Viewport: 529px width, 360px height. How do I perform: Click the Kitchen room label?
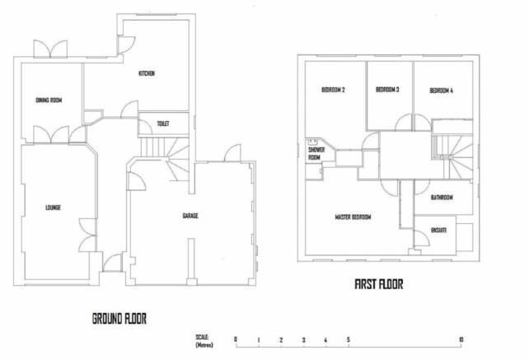147,73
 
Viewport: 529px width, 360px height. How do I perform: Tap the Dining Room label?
49,101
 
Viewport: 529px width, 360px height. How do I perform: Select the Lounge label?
53,208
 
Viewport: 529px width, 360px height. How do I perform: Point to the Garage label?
190,216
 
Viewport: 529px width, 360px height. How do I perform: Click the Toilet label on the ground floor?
163,124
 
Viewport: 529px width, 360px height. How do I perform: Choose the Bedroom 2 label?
333,90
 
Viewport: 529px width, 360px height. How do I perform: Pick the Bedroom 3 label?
387,90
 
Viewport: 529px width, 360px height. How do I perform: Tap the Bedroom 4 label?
442,91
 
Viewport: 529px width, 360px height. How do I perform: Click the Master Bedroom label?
353,217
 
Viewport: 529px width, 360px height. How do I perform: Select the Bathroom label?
442,198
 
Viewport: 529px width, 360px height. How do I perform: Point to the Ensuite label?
439,231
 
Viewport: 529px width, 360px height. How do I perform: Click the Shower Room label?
316,153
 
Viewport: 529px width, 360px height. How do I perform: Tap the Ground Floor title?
119,319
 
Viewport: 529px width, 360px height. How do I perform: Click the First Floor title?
379,284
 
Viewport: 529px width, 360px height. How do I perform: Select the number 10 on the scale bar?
461,339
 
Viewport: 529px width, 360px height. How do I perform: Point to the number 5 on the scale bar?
349,339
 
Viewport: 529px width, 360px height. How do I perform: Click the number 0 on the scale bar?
236,339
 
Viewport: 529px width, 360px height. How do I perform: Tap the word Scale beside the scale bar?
202,337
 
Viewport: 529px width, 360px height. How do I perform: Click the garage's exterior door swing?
232,153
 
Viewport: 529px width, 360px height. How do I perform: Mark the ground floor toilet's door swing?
145,128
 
